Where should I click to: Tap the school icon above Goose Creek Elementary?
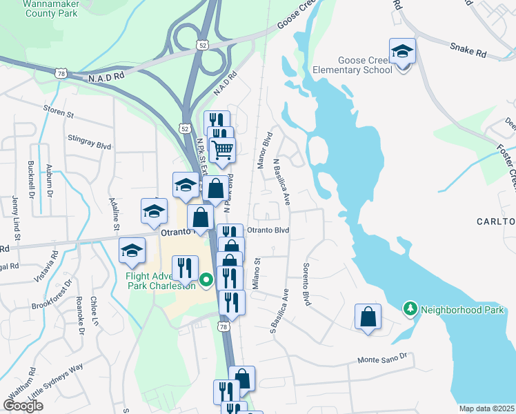point(402,51)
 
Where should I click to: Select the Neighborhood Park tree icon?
point(410,310)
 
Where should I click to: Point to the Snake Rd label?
point(468,49)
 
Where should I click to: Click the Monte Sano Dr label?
point(384,359)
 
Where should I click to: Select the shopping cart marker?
point(222,149)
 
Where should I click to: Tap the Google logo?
point(23,405)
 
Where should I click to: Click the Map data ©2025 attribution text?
point(487,408)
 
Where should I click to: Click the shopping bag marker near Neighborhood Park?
point(368,317)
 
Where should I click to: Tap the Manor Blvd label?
point(265,150)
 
